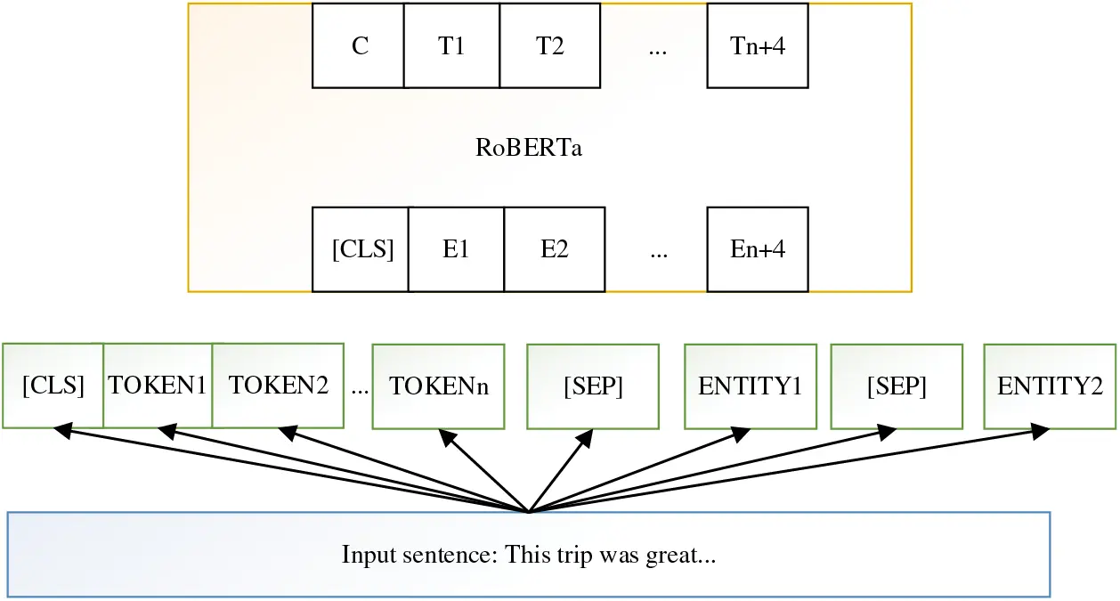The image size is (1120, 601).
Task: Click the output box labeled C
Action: point(359,45)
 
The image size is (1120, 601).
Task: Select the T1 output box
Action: point(451,45)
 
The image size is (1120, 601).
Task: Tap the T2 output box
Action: point(550,45)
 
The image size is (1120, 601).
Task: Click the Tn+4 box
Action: point(758,45)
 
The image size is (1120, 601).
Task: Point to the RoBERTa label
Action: point(529,148)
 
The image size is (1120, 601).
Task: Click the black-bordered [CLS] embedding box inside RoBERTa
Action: point(361,249)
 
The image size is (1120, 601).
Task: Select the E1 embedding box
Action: point(456,249)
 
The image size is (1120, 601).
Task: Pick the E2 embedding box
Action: point(555,249)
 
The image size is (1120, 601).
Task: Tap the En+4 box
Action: point(758,249)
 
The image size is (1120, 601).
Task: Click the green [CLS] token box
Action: point(53,386)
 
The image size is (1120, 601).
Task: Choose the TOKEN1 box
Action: point(158,386)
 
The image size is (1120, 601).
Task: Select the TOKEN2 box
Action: point(278,386)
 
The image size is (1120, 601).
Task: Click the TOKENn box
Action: point(438,386)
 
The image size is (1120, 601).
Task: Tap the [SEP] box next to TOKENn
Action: point(593,386)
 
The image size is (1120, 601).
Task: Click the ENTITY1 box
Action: point(750,386)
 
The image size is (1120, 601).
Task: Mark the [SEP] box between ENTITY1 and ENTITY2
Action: point(897,386)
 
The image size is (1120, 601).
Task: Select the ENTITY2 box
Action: point(1050,386)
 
